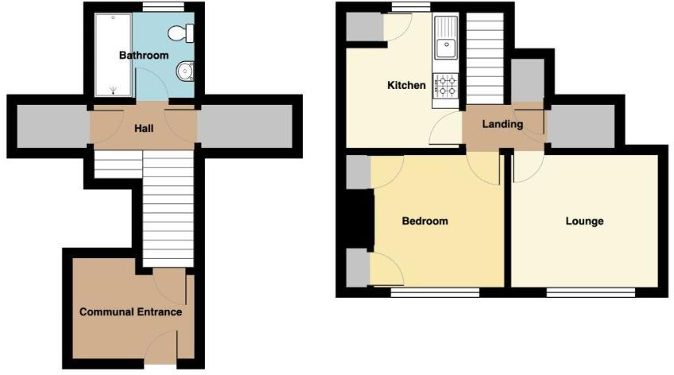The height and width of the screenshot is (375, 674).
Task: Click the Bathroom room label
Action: pyautogui.click(x=144, y=56)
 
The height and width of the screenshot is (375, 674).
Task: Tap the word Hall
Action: pyautogui.click(x=143, y=127)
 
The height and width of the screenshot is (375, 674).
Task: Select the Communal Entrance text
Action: pyautogui.click(x=130, y=312)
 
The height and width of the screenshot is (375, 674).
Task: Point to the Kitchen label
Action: pyautogui.click(x=405, y=85)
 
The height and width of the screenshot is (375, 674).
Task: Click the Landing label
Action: pyautogui.click(x=502, y=124)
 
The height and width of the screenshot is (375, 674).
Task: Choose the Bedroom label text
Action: pyautogui.click(x=424, y=221)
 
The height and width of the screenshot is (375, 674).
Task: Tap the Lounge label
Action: pyautogui.click(x=584, y=221)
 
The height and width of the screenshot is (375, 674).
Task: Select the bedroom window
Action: pyautogui.click(x=435, y=292)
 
